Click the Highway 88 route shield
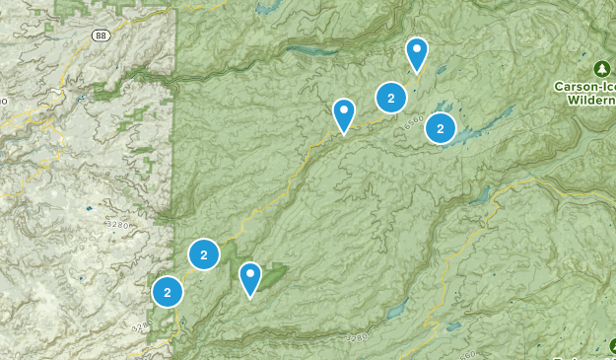coord(102,35)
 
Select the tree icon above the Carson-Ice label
coord(601,69)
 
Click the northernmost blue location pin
coord(417,54)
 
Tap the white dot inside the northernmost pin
coord(417,48)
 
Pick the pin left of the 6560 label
coord(344,115)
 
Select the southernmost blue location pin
coord(250,278)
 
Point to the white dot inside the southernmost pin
coord(250,272)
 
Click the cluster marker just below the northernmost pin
coord(391,98)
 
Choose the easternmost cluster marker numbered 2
coord(440,127)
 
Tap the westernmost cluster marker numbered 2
coord(168,292)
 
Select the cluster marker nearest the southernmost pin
coord(203,255)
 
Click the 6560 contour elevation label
coord(412,120)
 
